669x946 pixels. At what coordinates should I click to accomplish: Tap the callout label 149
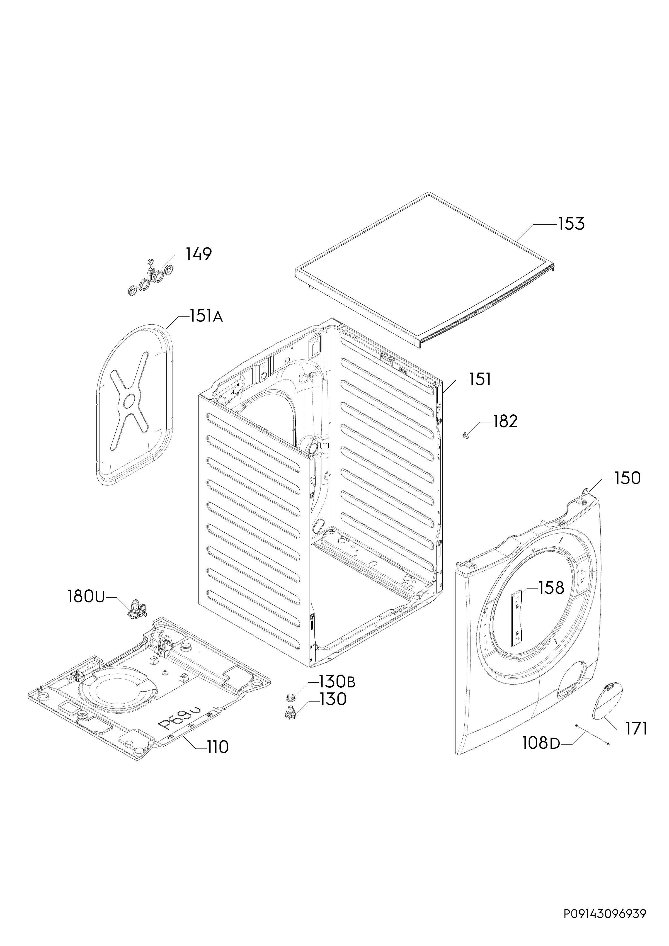[199, 254]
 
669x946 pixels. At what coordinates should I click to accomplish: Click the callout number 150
[627, 478]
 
